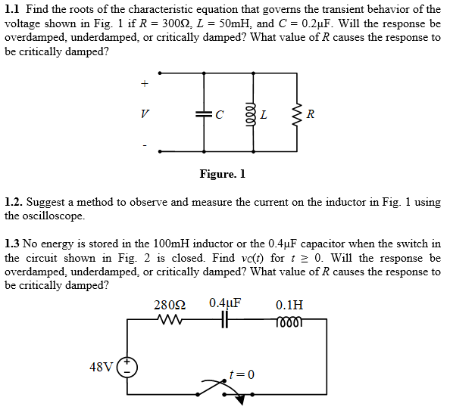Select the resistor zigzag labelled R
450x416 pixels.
click(297, 115)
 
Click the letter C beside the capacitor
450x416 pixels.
click(219, 115)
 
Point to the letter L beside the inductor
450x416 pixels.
click(264, 115)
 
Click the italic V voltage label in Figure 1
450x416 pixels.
click(145, 114)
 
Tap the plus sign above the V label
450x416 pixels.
click(145, 84)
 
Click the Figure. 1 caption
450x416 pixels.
click(223, 174)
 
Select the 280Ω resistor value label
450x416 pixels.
click(170, 305)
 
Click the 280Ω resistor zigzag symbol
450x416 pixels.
click(170, 319)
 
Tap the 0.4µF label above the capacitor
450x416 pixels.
click(225, 303)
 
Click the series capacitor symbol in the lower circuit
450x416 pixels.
click(225, 319)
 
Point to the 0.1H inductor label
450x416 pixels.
click(289, 305)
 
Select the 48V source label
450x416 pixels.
click(102, 367)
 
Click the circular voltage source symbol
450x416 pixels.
click(127, 367)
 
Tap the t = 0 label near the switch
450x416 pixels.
click(242, 374)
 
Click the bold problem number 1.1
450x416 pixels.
click(12, 9)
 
